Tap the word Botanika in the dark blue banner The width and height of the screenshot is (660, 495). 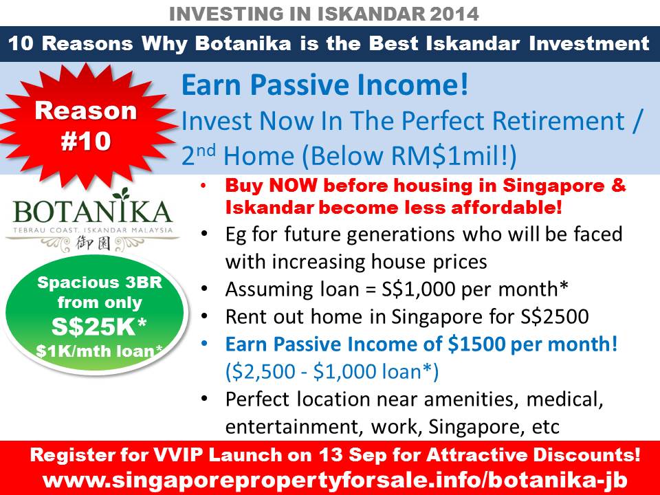(x=243, y=43)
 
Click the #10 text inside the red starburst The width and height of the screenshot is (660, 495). (x=86, y=141)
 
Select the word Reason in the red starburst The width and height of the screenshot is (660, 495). (x=86, y=111)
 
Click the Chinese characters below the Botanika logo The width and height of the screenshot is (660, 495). (x=93, y=243)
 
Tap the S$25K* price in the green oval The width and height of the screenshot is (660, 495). (x=99, y=327)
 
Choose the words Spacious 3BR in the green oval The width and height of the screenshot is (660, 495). (x=99, y=283)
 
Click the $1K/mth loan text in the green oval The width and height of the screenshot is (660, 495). (x=99, y=351)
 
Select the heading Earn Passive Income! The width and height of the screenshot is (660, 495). (x=325, y=85)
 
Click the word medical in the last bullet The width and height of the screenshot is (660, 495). (x=564, y=399)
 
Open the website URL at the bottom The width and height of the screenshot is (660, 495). (x=335, y=480)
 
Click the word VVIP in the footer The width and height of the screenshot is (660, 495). (x=179, y=455)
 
